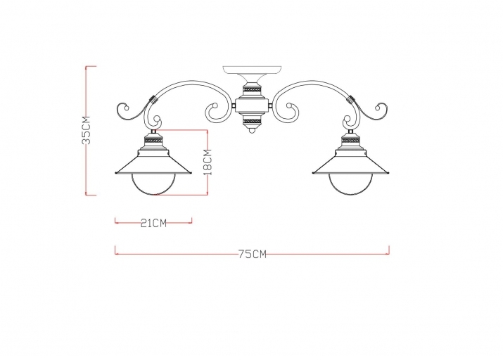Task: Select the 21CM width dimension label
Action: pyautogui.click(x=153, y=224)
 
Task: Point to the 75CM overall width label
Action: pyautogui.click(x=252, y=254)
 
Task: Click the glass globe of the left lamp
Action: pyautogui.click(x=153, y=186)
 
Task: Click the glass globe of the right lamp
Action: pyautogui.click(x=348, y=186)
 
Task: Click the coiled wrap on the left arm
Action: pyautogui.click(x=152, y=101)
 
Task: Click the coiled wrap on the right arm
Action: pyautogui.click(x=350, y=101)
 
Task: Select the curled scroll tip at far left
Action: pyautogui.click(x=122, y=110)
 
